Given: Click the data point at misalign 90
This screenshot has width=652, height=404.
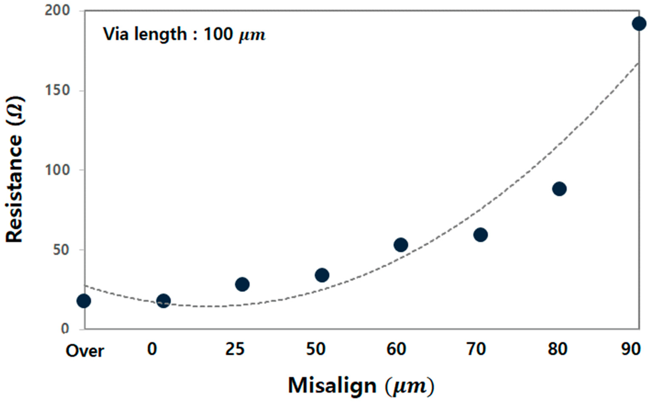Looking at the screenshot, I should (639, 24).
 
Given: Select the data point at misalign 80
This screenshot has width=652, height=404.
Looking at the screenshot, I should (559, 189).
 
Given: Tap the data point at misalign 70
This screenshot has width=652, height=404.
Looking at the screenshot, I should (480, 235).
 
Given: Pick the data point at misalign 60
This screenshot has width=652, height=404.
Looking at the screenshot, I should (401, 245).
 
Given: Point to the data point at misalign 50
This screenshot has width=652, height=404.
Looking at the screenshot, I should (322, 275).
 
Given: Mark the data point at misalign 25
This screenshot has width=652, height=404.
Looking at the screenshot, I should (242, 284).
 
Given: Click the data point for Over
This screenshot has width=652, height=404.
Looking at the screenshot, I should (84, 301).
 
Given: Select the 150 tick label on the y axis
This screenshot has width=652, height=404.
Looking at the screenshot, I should (57, 91).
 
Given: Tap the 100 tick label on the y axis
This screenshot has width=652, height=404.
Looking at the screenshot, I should (57, 170).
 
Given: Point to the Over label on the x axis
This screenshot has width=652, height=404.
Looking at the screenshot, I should (85, 351).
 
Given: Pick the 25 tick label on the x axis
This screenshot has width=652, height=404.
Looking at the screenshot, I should (235, 349).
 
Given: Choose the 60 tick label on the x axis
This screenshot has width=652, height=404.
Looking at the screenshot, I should (396, 349).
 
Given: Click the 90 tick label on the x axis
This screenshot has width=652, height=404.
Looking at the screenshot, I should (631, 349).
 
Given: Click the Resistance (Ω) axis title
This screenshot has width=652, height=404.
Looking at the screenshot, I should (15, 170).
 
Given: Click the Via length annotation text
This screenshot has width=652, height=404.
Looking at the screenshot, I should (184, 35).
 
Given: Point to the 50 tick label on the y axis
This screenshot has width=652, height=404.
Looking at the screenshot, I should (61, 250).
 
